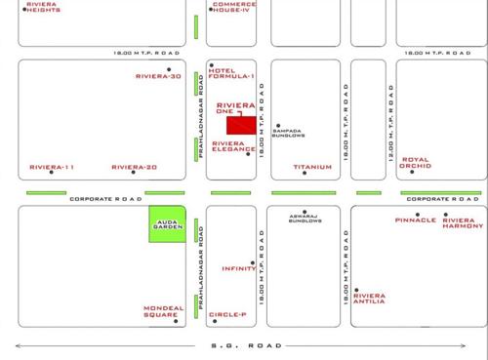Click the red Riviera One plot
[x=240, y=125]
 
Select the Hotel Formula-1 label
[x=232, y=73]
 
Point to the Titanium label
[x=312, y=167]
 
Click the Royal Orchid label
[x=414, y=163]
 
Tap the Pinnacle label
[x=416, y=220]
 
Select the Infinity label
[x=239, y=268]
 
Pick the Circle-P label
[x=227, y=314]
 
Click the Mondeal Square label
[x=162, y=311]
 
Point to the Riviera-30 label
[x=158, y=76]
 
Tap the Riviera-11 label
[x=52, y=167]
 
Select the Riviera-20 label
[x=135, y=167]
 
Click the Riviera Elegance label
[x=234, y=146]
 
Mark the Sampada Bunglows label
[x=289, y=134]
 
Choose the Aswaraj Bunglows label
[x=305, y=219]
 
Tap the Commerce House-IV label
[x=234, y=7]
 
